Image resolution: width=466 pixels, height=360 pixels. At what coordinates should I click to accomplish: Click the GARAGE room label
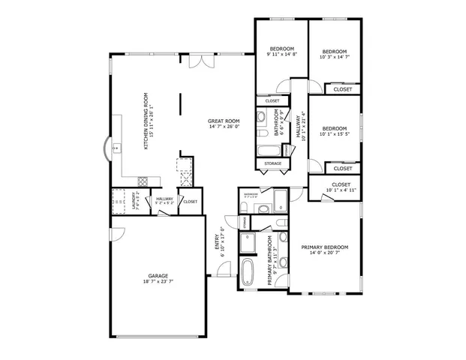[157, 275]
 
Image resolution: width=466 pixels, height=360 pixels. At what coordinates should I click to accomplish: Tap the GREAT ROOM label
[224, 121]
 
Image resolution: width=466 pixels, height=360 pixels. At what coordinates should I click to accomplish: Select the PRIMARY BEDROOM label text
[325, 247]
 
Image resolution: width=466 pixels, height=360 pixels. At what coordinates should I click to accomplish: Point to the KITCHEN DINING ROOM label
[146, 120]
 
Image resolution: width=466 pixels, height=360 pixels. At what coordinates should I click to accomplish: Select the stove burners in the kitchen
[143, 180]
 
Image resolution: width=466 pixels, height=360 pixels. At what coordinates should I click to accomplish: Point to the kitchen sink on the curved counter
[116, 148]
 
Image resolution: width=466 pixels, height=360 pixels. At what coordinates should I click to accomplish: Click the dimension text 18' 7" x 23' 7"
[157, 282]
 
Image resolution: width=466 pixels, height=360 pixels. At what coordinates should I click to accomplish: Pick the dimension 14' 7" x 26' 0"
[224, 127]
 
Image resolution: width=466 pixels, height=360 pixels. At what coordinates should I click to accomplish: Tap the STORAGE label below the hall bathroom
[272, 163]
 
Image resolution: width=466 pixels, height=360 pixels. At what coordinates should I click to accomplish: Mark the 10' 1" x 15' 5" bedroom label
[335, 130]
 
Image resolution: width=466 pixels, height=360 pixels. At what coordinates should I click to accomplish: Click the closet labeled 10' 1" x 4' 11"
[341, 187]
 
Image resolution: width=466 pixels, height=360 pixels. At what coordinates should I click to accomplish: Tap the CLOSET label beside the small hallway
[191, 201]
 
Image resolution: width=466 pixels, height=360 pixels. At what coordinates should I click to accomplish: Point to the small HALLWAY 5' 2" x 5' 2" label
[164, 201]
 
